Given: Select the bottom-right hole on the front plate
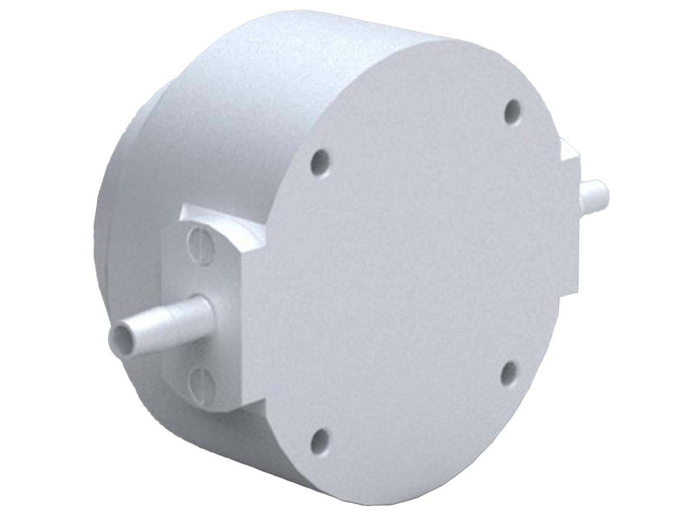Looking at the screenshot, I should coord(510,371).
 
